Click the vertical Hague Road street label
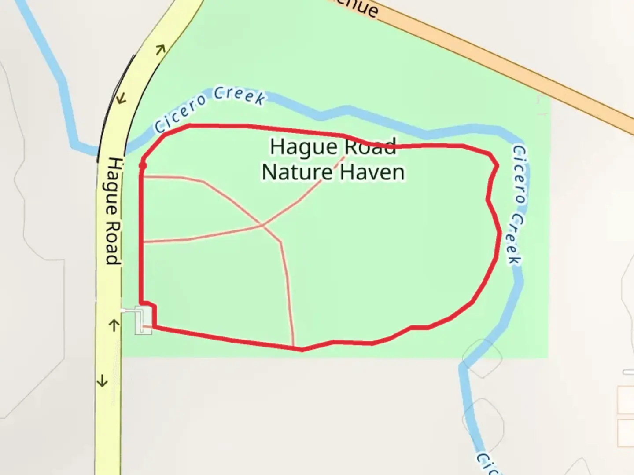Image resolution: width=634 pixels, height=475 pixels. click(x=113, y=211)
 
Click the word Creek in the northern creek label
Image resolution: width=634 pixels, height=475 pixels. click(x=240, y=95)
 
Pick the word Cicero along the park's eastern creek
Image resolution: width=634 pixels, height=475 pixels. click(x=520, y=174)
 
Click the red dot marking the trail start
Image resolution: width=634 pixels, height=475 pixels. click(x=142, y=166)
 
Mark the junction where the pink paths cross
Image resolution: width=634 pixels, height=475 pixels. click(x=263, y=225)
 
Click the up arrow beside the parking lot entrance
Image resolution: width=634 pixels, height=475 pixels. click(x=114, y=325)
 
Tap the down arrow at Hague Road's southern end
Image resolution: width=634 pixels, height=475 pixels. click(x=102, y=380)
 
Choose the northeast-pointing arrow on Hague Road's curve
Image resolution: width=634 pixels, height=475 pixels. click(x=160, y=49)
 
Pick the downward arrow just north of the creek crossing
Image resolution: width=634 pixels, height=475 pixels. click(x=120, y=99)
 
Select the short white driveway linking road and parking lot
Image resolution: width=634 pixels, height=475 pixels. click(x=128, y=311)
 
